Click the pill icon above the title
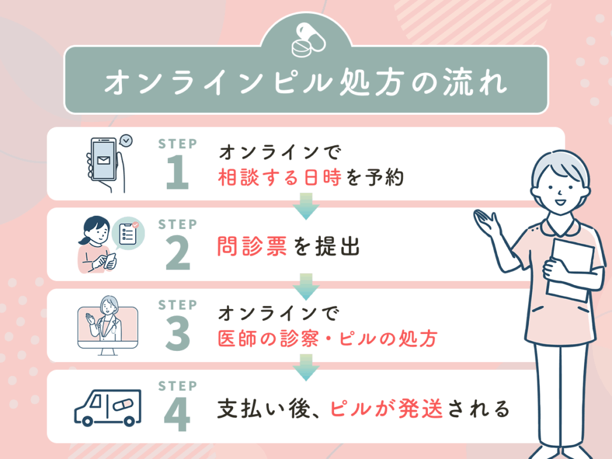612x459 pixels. coord(305,40)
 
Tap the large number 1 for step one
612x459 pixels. coord(178,175)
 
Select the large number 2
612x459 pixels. coord(178,255)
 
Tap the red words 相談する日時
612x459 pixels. coord(281,178)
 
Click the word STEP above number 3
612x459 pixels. coord(178,305)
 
